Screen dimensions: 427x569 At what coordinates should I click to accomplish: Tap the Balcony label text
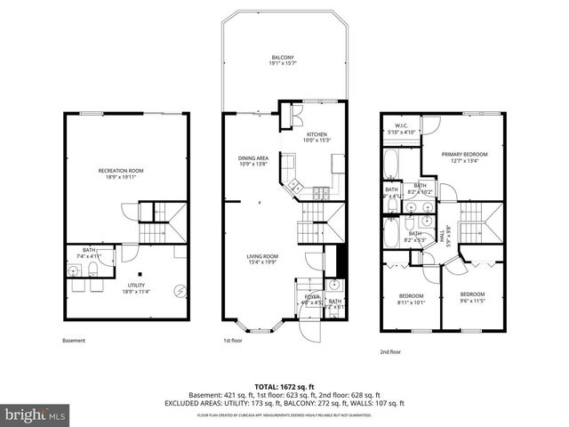coord(283,60)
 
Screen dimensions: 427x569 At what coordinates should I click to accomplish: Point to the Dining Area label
coord(254,160)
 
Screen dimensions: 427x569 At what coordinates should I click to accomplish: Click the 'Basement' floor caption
coord(75,340)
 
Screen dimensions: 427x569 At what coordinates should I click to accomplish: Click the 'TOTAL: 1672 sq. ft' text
coord(284,386)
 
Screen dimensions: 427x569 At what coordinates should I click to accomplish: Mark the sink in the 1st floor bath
coord(333,286)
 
